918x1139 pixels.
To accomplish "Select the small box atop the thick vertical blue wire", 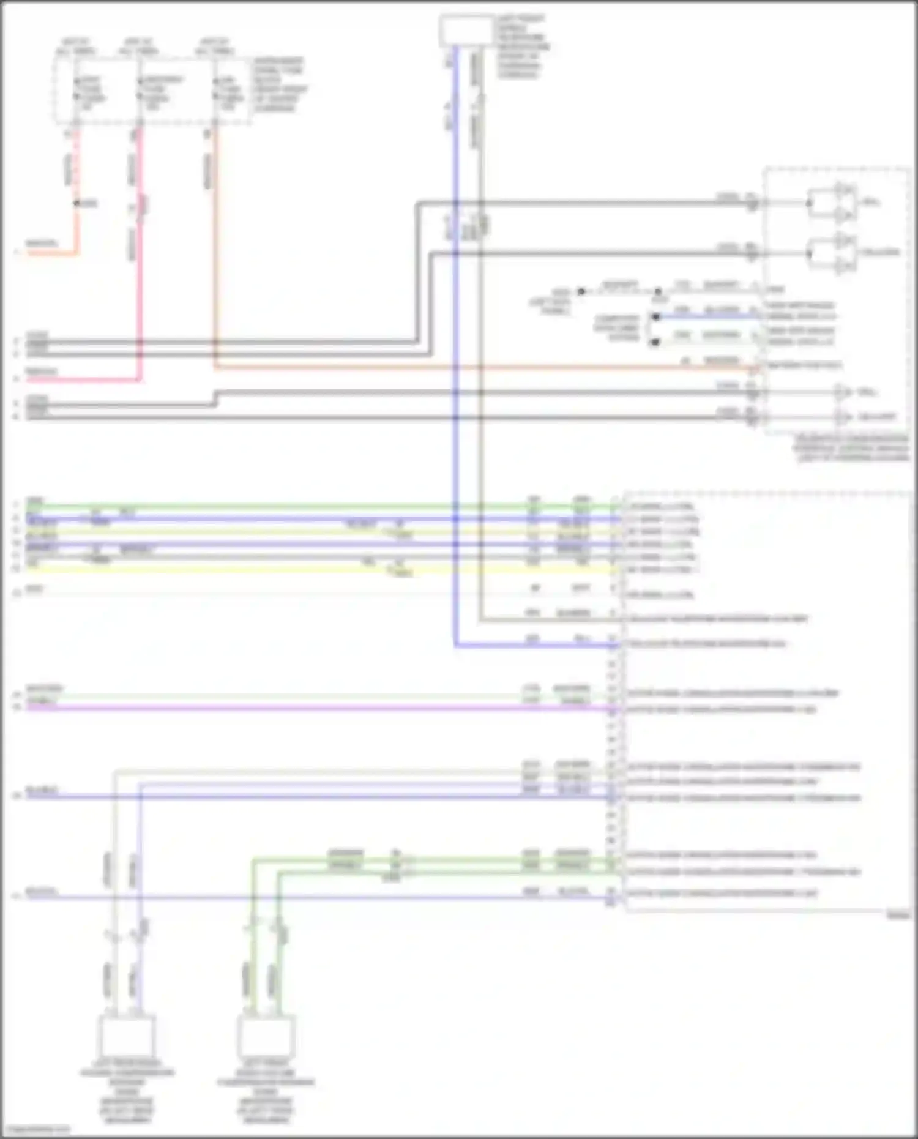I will [466, 31].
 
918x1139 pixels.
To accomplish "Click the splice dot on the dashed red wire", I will [77, 203].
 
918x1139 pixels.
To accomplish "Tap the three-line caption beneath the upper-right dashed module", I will [851, 448].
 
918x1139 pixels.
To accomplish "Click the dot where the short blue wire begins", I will [655, 316].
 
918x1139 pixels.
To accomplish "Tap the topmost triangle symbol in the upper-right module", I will [845, 189].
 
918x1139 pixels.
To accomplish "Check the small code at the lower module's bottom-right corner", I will [898, 916].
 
